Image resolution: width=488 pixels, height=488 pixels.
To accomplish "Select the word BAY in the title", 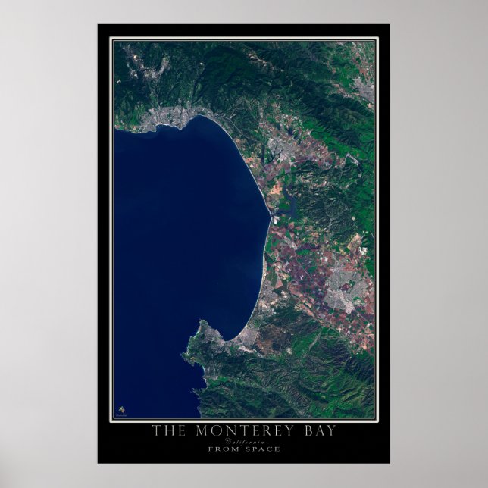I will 315,432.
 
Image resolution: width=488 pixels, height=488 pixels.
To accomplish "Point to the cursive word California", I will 244,441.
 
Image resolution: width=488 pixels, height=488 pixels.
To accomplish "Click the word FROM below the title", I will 221,449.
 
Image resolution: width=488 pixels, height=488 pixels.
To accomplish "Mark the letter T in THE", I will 155,432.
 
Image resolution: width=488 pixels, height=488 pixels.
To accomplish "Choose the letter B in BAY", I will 302,432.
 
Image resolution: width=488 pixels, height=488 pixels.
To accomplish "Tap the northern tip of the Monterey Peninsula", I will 203,325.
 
